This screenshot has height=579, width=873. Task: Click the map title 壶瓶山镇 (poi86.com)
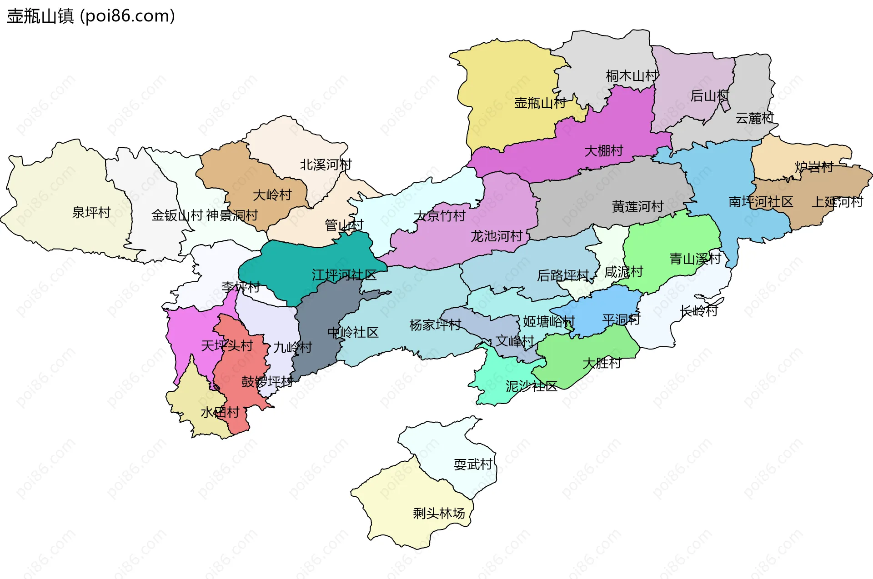[91, 16]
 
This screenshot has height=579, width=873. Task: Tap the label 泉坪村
[91, 212]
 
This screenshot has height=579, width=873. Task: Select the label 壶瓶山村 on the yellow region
[540, 103]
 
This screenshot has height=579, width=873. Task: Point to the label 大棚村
[603, 150]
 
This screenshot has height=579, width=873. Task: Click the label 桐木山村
[632, 76]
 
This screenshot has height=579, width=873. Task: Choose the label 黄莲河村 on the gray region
[637, 207]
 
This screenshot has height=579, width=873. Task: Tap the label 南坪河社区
[761, 202]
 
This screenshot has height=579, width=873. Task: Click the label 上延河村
[837, 202]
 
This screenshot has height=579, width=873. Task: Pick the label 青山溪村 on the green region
[695, 259]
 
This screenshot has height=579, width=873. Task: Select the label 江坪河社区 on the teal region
[344, 275]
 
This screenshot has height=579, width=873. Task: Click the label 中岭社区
[353, 332]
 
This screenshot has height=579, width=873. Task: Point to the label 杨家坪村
[435, 325]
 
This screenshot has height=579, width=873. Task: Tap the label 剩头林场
[439, 513]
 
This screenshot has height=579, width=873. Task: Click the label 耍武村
[473, 464]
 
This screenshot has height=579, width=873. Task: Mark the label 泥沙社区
[531, 386]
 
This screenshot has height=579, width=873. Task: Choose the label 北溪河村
[326, 165]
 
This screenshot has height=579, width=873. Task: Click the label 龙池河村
[497, 236]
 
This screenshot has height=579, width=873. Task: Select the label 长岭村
[698, 311]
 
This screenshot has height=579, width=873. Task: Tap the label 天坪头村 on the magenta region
[227, 346]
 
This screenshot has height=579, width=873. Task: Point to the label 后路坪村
[563, 275]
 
